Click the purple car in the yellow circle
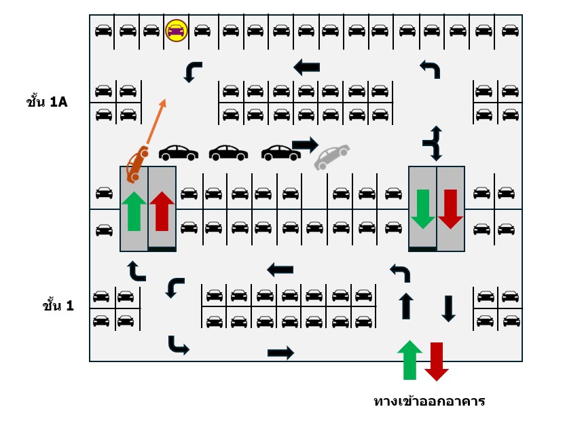[x=176, y=31]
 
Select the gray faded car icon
[x=332, y=156]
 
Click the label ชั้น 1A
[x=47, y=102]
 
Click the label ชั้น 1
[x=58, y=305]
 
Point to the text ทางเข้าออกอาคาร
[x=429, y=401]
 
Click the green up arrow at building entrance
[x=409, y=359]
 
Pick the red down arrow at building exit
[x=437, y=361]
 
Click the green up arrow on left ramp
[x=134, y=211]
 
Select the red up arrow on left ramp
[x=162, y=211]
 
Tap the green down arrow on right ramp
[x=422, y=209]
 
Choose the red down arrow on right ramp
[x=450, y=209]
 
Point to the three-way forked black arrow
[x=433, y=143]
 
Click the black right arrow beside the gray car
[x=305, y=145]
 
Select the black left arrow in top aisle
[x=307, y=67]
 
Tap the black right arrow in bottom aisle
[x=280, y=353]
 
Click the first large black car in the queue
[x=179, y=153]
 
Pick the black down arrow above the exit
[x=449, y=309]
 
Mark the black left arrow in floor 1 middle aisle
[x=280, y=270]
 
